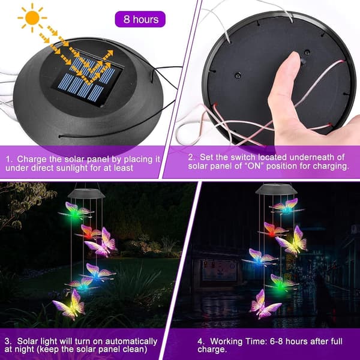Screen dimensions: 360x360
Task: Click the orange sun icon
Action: (x=32, y=18)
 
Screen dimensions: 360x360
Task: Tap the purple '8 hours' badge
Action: (x=140, y=19)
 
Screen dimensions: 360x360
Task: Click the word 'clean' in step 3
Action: (x=135, y=349)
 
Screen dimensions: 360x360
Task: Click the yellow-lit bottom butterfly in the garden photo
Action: (x=70, y=305)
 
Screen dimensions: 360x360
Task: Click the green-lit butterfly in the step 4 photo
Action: (x=282, y=284)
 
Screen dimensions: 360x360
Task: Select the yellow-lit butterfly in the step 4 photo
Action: (x=292, y=242)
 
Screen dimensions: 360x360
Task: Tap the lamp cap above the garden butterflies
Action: (x=86, y=193)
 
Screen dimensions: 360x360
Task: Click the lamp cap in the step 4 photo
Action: (x=276, y=189)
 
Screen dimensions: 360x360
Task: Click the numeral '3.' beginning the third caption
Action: (x=8, y=341)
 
